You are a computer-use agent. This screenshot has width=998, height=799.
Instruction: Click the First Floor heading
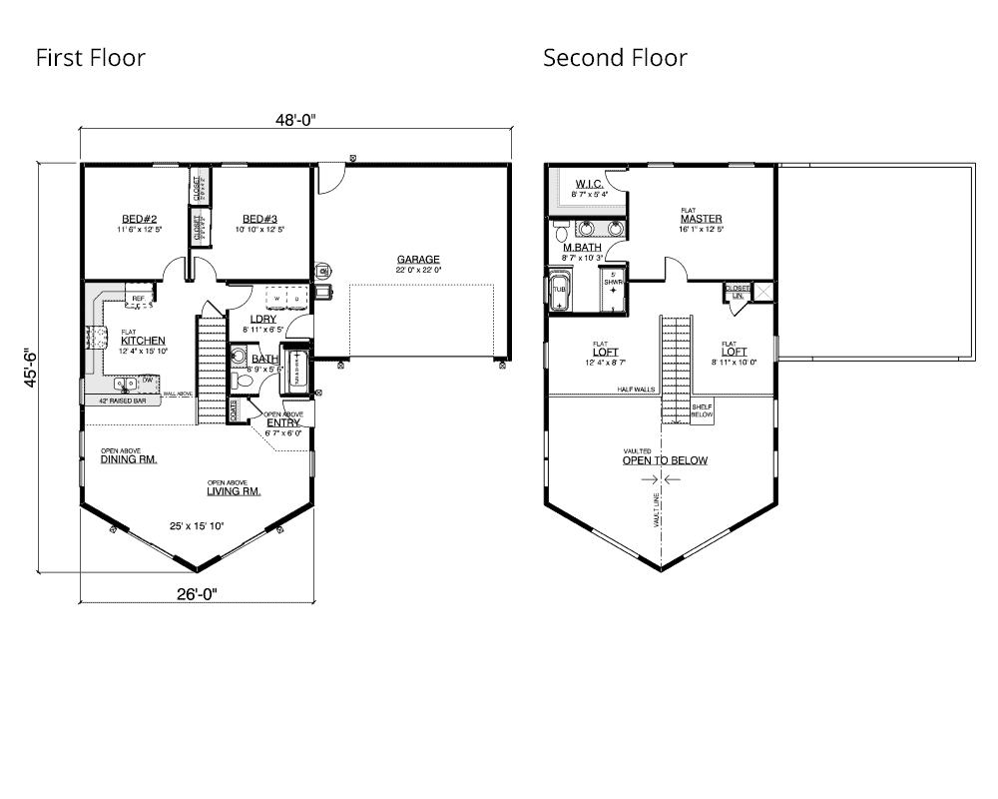(x=90, y=58)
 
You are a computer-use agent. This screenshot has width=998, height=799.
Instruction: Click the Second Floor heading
(x=615, y=58)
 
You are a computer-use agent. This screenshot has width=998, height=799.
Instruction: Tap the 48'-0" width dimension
(x=296, y=120)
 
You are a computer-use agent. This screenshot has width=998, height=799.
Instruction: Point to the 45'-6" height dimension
(x=30, y=368)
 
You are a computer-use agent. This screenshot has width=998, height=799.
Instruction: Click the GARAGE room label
(x=417, y=260)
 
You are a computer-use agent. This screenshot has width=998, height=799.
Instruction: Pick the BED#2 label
(x=139, y=219)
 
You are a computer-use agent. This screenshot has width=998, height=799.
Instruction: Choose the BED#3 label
(x=259, y=219)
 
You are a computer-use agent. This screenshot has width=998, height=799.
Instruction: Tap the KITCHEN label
(x=143, y=341)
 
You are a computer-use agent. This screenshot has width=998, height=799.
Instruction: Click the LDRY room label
(x=262, y=320)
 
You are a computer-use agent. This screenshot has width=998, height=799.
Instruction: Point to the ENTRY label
(x=283, y=422)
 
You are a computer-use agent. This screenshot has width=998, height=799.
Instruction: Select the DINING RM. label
(x=129, y=459)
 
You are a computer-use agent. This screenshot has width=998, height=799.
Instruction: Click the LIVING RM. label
(x=234, y=491)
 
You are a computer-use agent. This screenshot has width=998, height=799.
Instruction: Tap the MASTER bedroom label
(x=702, y=219)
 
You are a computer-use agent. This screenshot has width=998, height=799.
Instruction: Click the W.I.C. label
(x=588, y=184)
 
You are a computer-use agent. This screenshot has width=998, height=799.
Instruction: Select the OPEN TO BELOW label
(x=665, y=460)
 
